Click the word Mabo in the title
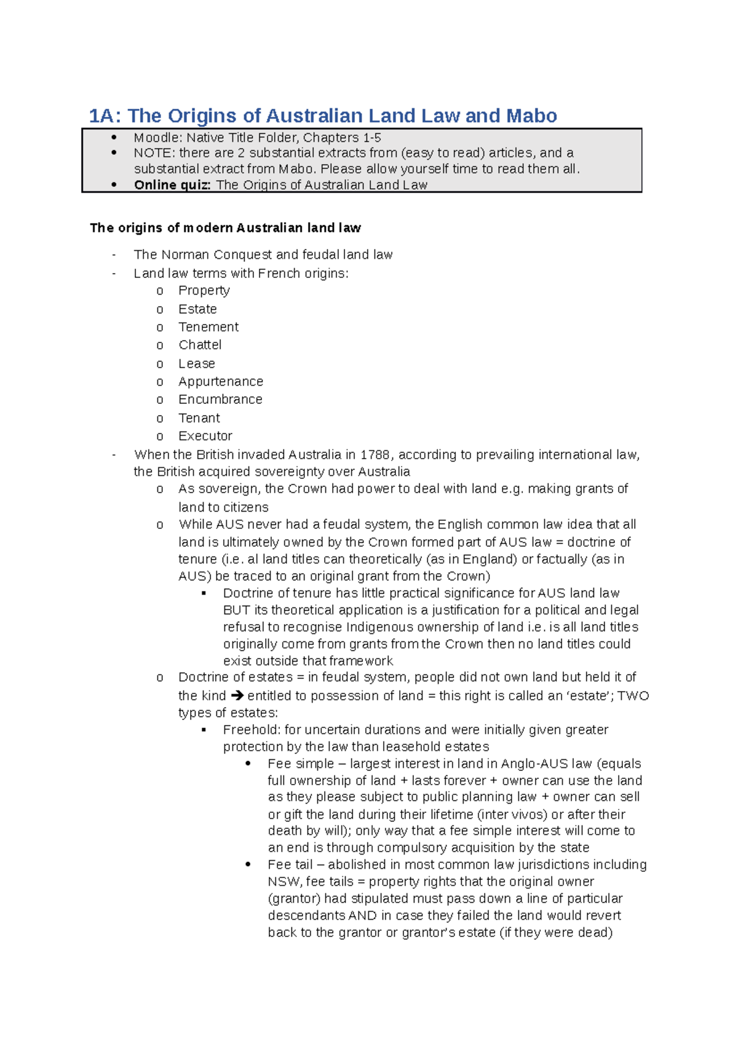point(531,116)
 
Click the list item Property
point(204,290)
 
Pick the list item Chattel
point(200,345)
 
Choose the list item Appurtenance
point(220,381)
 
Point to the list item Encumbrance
point(220,399)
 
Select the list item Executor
point(205,436)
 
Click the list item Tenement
point(208,327)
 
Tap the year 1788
point(375,455)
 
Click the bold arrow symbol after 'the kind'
point(237,695)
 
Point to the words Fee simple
point(300,764)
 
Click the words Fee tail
point(290,864)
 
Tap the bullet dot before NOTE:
point(114,153)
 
